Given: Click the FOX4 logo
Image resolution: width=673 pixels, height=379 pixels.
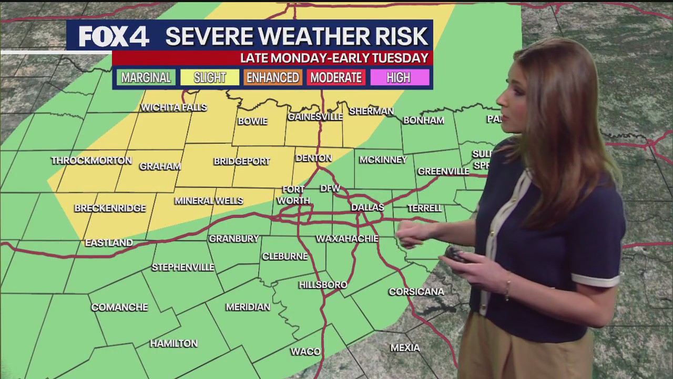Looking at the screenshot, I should coord(114,37).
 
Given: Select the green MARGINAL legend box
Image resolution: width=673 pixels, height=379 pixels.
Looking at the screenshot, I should coord(146,78).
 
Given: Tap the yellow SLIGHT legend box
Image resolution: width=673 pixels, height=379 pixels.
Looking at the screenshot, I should coord(210,78).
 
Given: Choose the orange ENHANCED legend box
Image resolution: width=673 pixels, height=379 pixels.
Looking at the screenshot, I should coord(272,78).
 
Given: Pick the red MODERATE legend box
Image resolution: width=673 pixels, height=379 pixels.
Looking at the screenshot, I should coord(336,78).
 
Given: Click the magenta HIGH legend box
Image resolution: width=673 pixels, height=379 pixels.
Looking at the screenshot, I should coord(399,78).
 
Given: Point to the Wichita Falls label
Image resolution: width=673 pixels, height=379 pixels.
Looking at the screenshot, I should coord(174,107).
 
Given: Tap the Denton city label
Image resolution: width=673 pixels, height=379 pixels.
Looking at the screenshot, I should coord(314,158).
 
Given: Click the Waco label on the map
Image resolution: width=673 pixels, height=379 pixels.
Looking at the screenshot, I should coord(305,352).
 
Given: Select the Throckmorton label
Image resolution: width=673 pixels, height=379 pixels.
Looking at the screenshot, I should coord(91,161).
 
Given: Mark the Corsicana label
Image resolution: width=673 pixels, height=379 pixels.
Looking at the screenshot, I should coord(416,292).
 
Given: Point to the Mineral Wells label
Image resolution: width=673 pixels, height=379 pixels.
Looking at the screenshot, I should coord(209,201).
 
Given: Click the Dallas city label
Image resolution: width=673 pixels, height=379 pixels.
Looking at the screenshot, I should coord(368,207).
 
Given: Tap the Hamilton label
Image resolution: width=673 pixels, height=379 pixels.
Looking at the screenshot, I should coord(174,344).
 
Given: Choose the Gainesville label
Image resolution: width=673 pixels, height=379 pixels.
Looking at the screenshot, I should coord(315,117).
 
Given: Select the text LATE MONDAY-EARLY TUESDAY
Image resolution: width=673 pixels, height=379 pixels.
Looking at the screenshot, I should coord(334,58).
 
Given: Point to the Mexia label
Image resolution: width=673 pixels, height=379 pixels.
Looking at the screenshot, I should coord(405,348).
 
